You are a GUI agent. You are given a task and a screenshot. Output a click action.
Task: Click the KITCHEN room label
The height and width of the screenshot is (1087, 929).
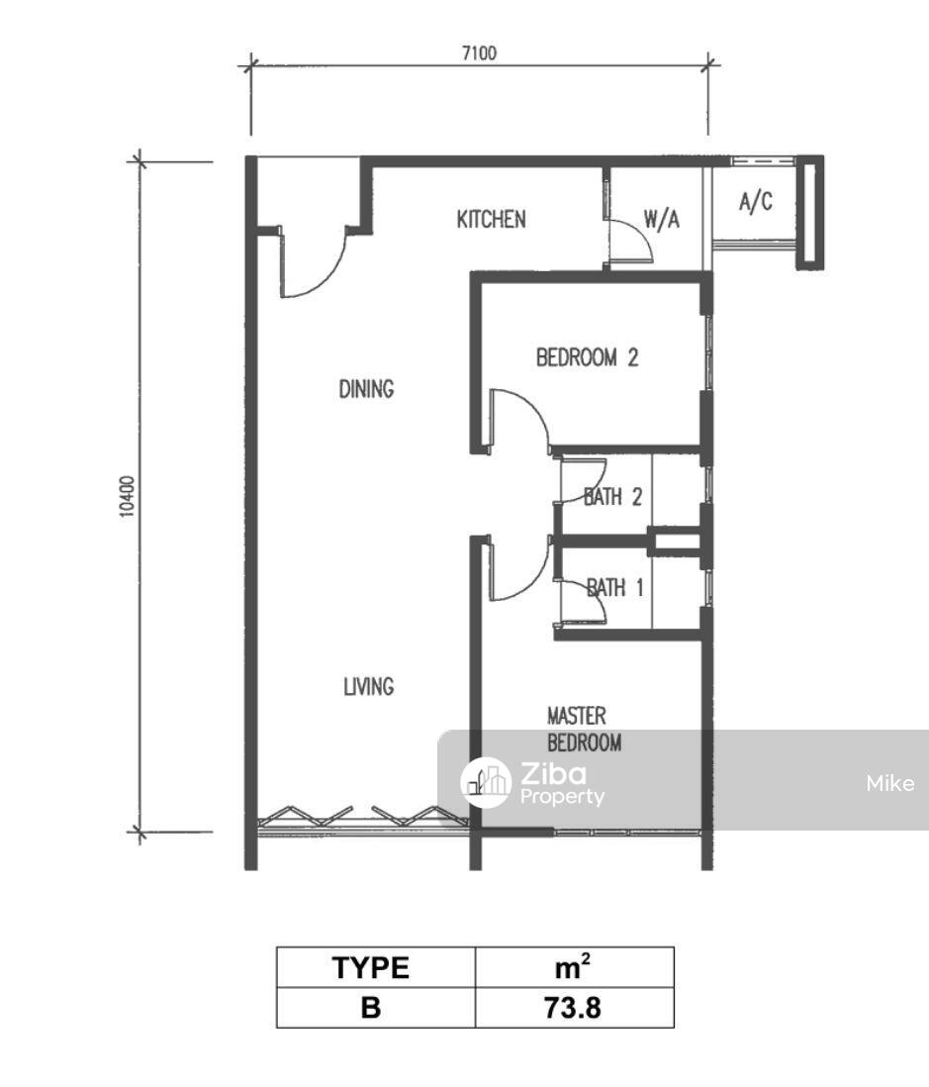(491, 220)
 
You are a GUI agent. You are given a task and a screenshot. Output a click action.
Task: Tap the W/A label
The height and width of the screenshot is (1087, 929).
(662, 220)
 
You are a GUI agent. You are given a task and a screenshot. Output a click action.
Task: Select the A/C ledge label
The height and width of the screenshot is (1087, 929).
(756, 202)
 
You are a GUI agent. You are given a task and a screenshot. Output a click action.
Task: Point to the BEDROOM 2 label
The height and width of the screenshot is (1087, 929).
(587, 357)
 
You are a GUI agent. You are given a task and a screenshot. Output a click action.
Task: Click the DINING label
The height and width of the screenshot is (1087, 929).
(366, 389)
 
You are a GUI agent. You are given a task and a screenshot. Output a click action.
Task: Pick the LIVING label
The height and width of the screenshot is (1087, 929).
(369, 686)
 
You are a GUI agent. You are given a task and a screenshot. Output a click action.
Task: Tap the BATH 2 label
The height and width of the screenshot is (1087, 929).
(613, 496)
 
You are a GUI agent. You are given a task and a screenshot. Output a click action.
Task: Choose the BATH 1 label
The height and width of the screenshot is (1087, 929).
(615, 588)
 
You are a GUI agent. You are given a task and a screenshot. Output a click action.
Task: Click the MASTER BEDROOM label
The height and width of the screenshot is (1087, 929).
(584, 730)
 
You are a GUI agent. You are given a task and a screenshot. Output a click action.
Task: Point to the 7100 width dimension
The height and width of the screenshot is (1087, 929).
(480, 52)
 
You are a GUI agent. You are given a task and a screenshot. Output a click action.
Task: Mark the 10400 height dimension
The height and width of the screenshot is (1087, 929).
(126, 496)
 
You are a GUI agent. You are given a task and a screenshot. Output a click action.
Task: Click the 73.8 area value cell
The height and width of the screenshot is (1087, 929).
(574, 1007)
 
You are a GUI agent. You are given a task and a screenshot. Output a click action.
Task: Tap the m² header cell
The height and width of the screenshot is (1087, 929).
(574, 967)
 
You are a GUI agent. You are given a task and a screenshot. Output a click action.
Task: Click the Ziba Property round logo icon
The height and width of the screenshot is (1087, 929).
(487, 782)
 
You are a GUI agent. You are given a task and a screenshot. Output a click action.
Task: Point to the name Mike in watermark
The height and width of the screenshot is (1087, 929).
(890, 783)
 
